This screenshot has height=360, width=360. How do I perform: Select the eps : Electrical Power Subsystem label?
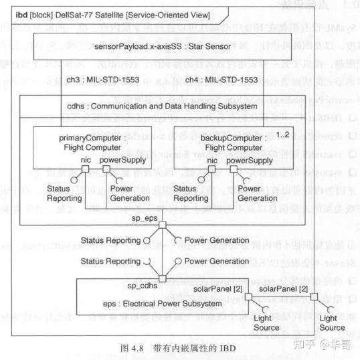click(162, 304)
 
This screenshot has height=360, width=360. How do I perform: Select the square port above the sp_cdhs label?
click(161, 276)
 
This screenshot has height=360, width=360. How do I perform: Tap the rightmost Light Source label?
click(332, 323)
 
